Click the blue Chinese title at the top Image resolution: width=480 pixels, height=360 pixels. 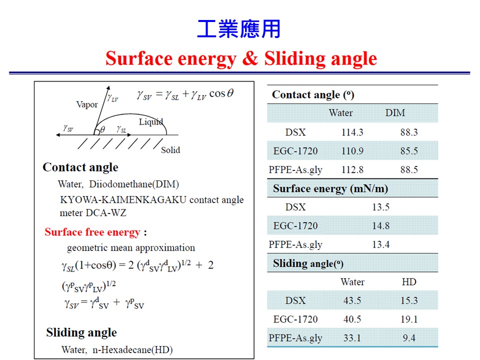[x=239, y=29]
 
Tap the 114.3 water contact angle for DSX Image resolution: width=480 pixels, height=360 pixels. [x=352, y=132]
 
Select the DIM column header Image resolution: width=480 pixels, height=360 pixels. [x=395, y=112]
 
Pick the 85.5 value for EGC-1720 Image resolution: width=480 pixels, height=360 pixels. [x=409, y=151]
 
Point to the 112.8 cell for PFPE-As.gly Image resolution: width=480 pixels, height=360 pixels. [x=352, y=169]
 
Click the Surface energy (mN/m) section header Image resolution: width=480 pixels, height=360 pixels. [x=330, y=188]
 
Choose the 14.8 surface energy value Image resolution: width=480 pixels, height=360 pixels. [x=381, y=226]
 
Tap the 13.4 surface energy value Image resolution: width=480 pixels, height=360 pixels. [x=381, y=244]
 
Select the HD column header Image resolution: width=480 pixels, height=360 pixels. [x=409, y=282]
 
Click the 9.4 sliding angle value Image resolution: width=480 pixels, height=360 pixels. [x=409, y=338]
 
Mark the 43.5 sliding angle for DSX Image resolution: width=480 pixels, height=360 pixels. [x=352, y=300]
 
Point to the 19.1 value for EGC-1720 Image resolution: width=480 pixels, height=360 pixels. [x=409, y=319]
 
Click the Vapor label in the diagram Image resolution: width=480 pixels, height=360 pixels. [x=87, y=104]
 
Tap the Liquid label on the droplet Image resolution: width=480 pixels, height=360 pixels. [x=151, y=122]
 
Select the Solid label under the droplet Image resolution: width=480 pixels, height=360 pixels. [x=170, y=150]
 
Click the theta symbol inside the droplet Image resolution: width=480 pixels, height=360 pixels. [x=102, y=130]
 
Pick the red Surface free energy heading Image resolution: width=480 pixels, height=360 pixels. [x=92, y=232]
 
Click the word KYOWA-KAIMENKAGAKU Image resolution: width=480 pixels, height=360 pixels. [x=123, y=199]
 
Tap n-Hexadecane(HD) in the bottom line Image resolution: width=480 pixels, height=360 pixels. [x=132, y=349]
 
